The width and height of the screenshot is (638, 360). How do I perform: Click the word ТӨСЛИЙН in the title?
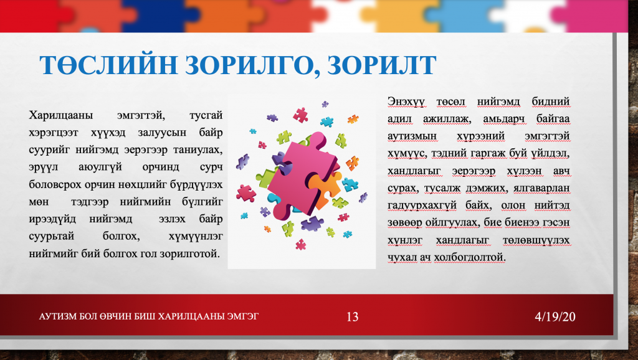(108, 65)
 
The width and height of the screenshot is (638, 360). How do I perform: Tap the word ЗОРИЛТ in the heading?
(382, 65)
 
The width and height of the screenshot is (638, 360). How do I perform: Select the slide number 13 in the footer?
(353, 316)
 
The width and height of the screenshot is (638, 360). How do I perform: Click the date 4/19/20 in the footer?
(555, 316)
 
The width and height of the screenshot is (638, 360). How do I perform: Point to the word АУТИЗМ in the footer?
(55, 316)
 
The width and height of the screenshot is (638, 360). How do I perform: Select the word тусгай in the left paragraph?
(206, 115)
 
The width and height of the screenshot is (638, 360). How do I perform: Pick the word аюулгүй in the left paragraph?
(100, 167)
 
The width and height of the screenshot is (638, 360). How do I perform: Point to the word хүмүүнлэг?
(196, 236)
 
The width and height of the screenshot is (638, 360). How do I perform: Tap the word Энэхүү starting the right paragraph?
(406, 102)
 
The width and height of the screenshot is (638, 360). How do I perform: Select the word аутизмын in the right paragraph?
(412, 136)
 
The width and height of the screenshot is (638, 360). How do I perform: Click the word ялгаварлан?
(541, 188)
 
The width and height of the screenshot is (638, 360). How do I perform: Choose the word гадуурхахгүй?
(422, 206)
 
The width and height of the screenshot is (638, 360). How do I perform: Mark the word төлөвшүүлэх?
(536, 240)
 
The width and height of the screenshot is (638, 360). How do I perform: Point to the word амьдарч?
(503, 119)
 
